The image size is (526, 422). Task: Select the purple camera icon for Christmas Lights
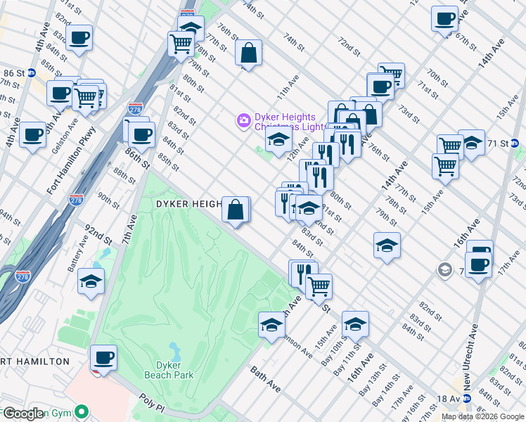(243, 121)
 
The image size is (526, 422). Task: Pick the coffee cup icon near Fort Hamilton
(103, 357)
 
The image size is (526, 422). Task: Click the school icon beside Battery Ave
(91, 281)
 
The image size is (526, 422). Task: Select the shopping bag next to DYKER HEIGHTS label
(236, 210)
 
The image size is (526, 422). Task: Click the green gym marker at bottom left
(83, 411)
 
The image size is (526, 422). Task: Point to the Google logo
(23, 414)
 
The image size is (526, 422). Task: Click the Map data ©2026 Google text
(482, 416)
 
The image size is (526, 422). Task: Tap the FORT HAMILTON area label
(35, 362)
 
